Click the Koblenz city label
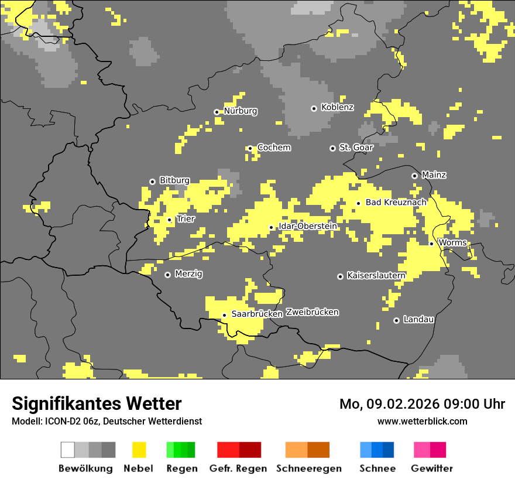point(337,108)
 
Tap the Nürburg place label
point(240,111)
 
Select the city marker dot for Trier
point(170,220)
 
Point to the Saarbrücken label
point(257,314)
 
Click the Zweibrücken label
point(313,312)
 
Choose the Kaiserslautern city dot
point(340,276)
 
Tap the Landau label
point(418,320)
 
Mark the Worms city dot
point(431,244)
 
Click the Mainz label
point(434,175)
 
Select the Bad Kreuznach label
point(396,203)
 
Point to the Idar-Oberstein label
point(308,227)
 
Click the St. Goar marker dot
point(332,148)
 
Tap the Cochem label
point(274,148)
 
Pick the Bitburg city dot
point(152,182)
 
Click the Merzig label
point(188,274)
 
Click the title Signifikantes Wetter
point(97,403)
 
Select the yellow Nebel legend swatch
point(139,450)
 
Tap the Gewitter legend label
point(432,468)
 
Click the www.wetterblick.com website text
point(422,421)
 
